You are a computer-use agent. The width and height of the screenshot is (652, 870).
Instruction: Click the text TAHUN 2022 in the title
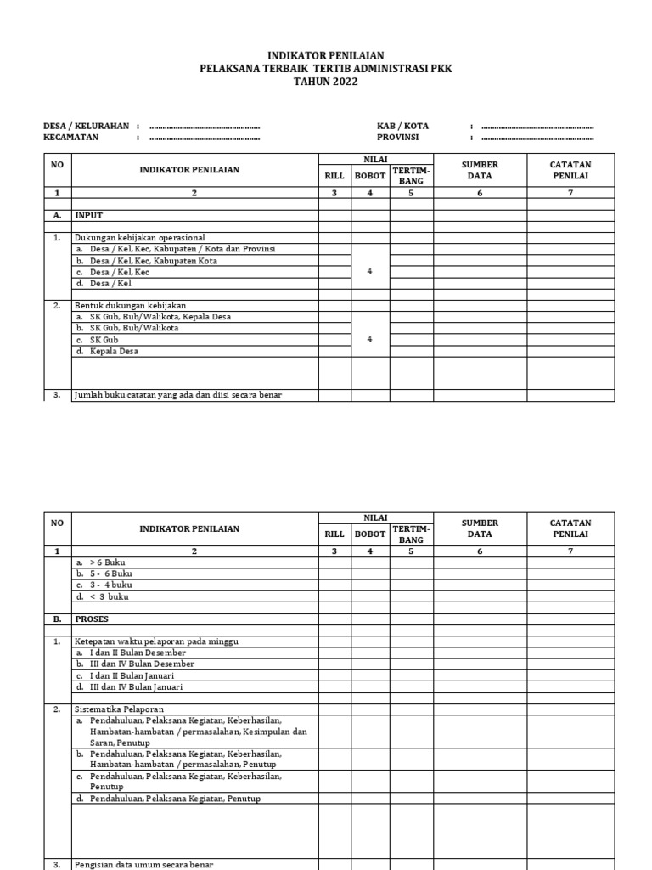click(x=325, y=82)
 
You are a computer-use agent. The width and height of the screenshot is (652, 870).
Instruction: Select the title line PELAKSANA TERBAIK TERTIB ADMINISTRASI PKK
click(x=325, y=69)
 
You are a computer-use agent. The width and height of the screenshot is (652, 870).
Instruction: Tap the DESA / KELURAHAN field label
click(x=86, y=126)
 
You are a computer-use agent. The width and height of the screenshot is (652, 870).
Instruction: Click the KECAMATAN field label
click(x=71, y=137)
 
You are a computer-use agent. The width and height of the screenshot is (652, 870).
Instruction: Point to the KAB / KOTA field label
click(x=402, y=126)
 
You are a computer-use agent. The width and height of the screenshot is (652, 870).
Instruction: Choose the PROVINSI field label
click(x=397, y=137)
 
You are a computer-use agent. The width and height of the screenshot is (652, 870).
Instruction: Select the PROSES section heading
click(x=93, y=619)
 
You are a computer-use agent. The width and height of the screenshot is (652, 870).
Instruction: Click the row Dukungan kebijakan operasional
click(x=139, y=238)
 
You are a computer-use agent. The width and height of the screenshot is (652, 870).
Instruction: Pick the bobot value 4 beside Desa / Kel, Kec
click(x=369, y=272)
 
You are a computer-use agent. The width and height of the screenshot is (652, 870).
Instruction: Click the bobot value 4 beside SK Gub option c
click(x=369, y=339)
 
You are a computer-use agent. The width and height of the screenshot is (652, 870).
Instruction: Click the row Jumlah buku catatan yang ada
click(x=177, y=395)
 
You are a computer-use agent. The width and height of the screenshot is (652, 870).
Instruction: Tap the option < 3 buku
click(x=102, y=596)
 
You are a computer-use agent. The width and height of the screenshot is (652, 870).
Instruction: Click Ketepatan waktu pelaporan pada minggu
click(x=154, y=641)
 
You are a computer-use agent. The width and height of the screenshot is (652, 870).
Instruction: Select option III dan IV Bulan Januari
click(x=128, y=686)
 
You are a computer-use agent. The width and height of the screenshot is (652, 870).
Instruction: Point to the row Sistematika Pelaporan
click(x=119, y=709)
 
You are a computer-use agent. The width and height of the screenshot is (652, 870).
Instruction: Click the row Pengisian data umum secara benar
click(x=143, y=864)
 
